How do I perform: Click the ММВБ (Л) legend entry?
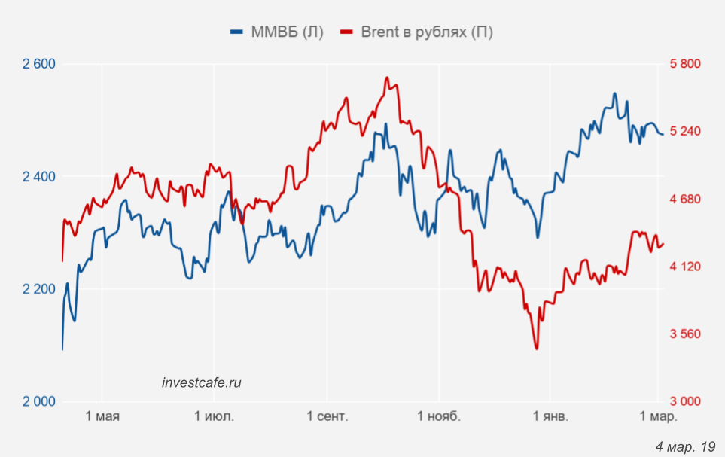[276, 32]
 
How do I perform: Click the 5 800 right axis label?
[684, 64]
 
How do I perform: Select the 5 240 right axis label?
[684, 132]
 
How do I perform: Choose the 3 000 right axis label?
[684, 401]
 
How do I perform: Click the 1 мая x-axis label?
[102, 416]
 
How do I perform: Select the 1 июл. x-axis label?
[214, 416]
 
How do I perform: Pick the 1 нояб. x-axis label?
[438, 416]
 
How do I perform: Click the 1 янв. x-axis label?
[550, 416]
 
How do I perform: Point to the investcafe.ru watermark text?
[202, 382]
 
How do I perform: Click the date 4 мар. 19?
[685, 447]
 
